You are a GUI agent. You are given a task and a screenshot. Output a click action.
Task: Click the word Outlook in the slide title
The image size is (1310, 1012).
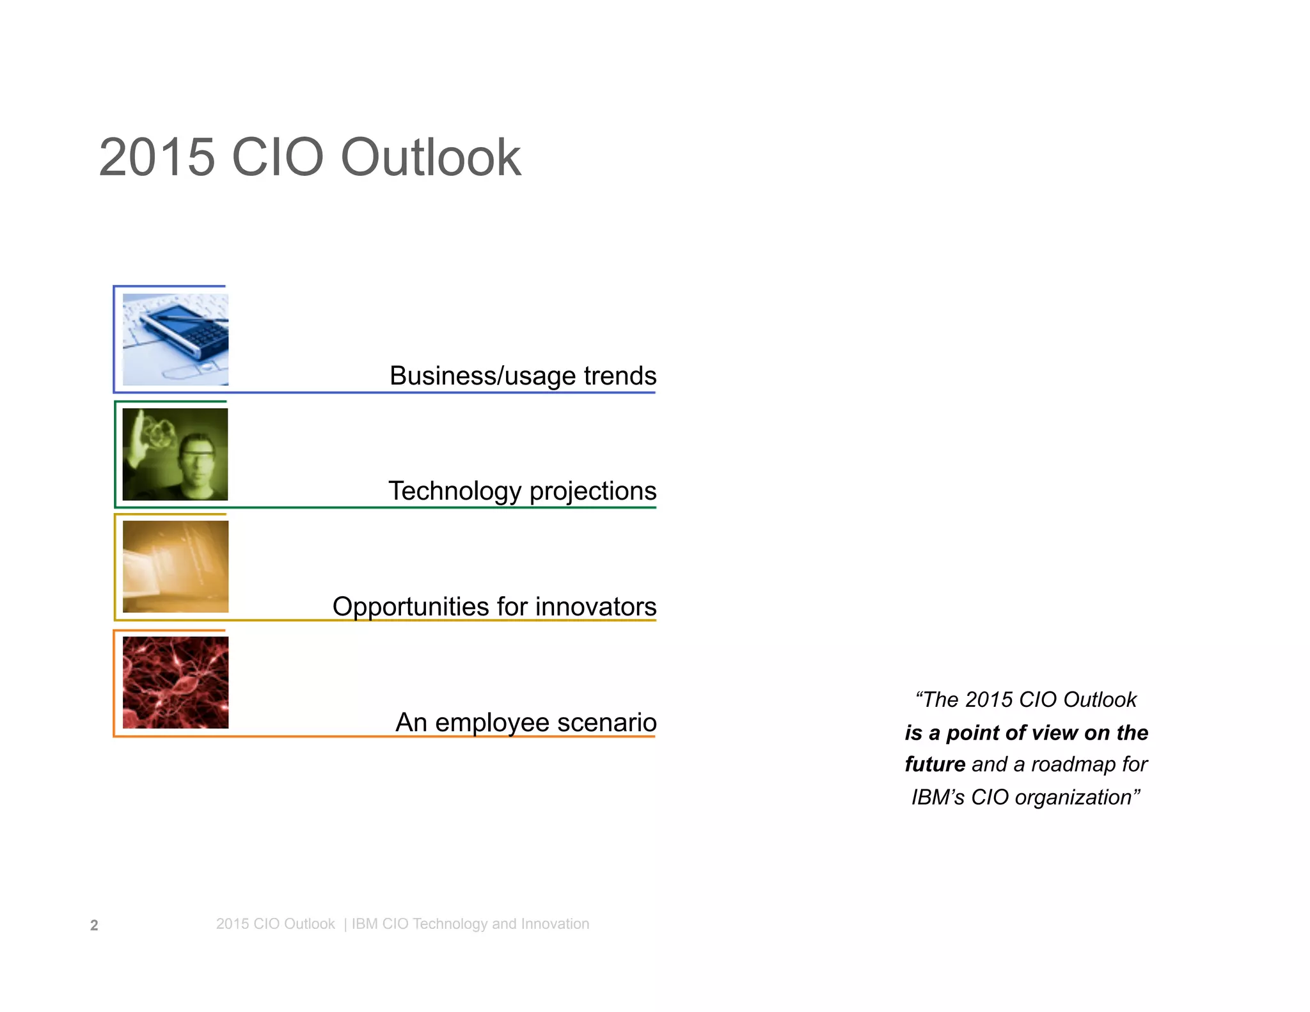coord(430,157)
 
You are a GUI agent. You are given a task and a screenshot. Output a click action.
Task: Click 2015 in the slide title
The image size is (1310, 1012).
coord(157,157)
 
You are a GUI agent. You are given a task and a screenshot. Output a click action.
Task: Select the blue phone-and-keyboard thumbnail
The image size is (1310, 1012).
coord(175,340)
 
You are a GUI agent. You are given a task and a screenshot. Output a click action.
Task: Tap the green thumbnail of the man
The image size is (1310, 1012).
coord(175,455)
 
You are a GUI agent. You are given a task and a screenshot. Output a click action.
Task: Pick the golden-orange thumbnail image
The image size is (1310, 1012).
coord(175,567)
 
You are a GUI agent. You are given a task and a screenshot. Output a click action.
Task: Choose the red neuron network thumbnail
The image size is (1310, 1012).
coord(175,683)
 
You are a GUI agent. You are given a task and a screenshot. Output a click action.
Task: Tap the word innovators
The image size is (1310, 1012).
coord(596,607)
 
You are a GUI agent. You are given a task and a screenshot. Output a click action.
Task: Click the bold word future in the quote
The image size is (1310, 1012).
coord(935,764)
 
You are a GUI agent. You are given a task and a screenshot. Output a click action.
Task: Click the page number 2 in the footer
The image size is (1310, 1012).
coord(94,926)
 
